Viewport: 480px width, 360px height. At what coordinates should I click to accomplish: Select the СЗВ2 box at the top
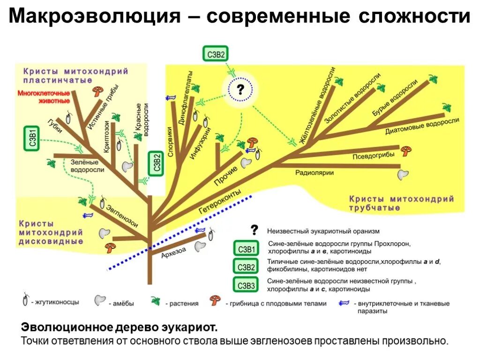coord(215,55)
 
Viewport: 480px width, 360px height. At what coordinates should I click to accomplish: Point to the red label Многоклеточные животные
coord(44,97)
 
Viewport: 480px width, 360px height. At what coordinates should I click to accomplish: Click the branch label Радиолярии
coord(314,173)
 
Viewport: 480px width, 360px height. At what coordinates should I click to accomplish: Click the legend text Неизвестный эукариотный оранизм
coord(323,231)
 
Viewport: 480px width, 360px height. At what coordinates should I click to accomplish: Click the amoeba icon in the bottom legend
coord(99,301)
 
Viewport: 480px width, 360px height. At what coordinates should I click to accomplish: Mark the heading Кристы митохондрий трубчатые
coord(401,203)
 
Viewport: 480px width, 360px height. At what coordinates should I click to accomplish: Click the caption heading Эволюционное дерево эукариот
coord(120,327)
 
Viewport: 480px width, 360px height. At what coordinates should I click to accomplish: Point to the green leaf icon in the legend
coord(156,301)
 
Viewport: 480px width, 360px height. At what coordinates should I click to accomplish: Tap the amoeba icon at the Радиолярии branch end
coord(403,174)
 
